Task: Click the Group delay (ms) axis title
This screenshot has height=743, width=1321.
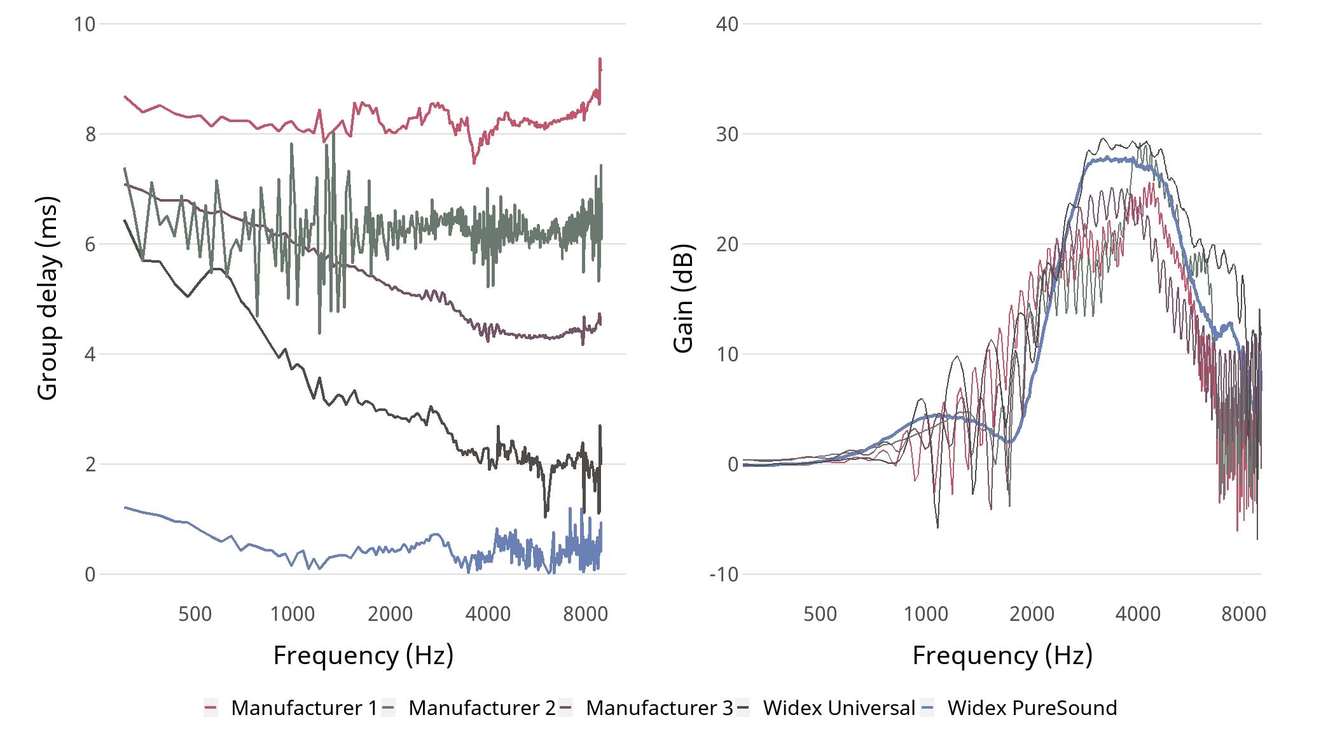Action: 47,298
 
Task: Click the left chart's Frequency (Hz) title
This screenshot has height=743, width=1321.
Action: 363,655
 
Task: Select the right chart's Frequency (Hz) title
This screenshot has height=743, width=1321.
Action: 1002,655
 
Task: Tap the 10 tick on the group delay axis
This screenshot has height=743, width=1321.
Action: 85,24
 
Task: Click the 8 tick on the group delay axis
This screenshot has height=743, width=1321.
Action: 90,134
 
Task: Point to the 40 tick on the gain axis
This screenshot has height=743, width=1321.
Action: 727,24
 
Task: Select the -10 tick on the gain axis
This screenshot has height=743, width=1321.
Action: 724,574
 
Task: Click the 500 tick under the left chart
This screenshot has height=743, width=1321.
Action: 195,614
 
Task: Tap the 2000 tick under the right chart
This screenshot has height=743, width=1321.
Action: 1032,614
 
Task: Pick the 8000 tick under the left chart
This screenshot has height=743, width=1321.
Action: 585,614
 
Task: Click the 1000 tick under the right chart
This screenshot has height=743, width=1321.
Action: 925,614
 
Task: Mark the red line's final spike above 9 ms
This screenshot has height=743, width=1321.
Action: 600,60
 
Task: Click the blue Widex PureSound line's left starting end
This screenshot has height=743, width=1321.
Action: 125,508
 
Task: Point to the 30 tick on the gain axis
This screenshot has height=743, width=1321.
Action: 727,134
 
